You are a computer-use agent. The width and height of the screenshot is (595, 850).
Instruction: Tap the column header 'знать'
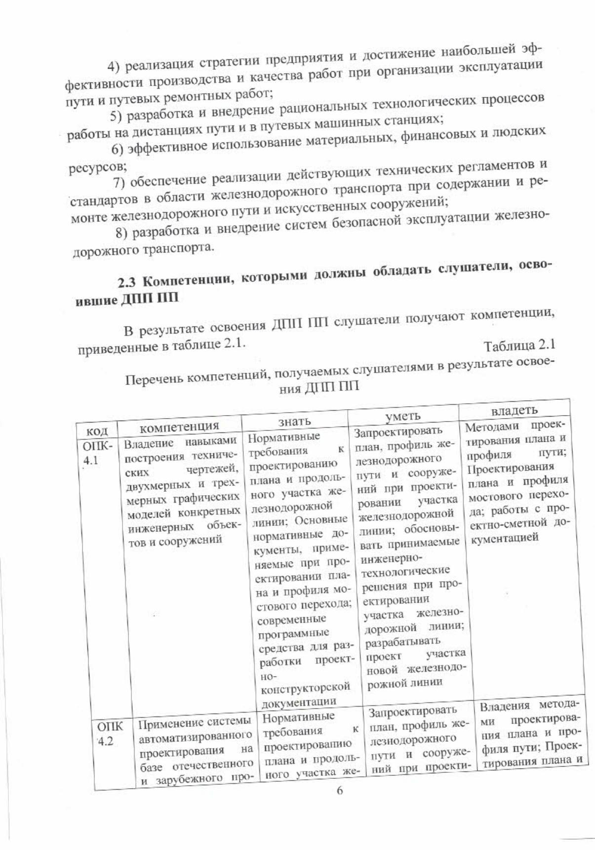pos(294,421)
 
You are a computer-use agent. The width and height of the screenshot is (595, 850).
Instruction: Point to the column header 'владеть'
pos(514,411)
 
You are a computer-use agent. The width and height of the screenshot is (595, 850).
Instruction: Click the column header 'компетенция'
pos(179,426)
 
